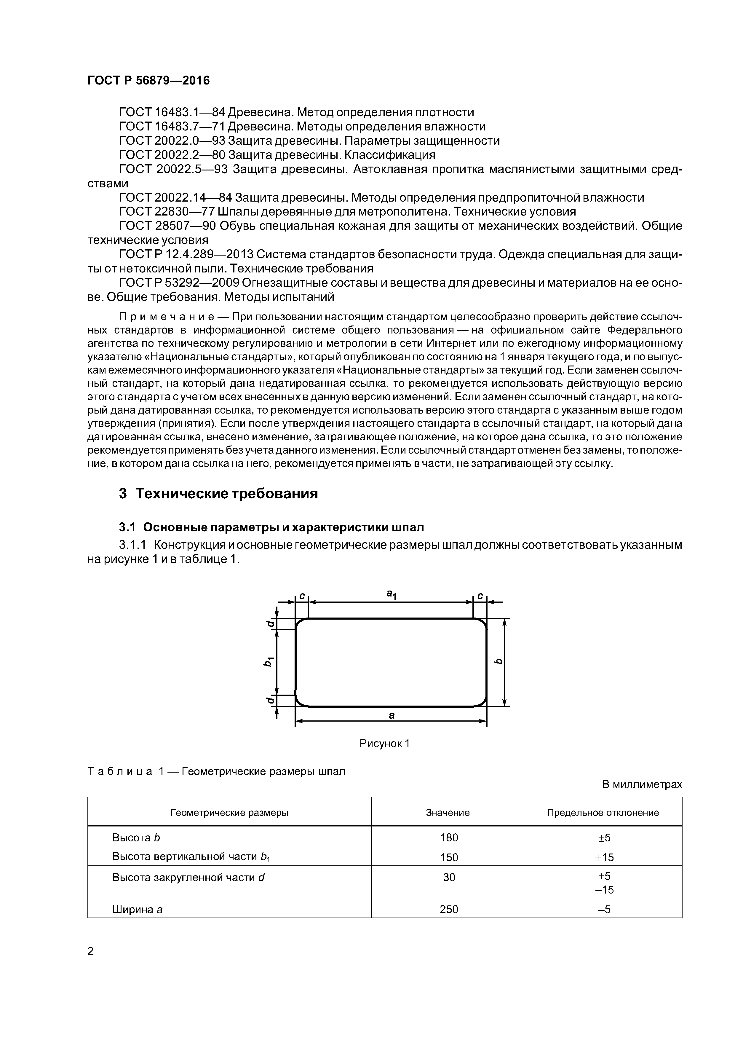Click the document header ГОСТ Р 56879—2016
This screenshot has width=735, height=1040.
[x=148, y=81]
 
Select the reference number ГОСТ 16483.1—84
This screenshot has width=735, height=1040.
[x=172, y=112]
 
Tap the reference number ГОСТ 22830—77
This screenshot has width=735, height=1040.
[x=166, y=212]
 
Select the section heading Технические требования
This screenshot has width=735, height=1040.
[x=226, y=494]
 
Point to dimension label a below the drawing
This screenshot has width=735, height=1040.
[x=392, y=715]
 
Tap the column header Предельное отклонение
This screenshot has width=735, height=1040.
[x=603, y=813]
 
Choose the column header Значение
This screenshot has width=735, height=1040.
[x=448, y=813]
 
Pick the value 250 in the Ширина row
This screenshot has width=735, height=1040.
[x=449, y=909]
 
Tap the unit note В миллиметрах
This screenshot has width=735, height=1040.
[x=642, y=784]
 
